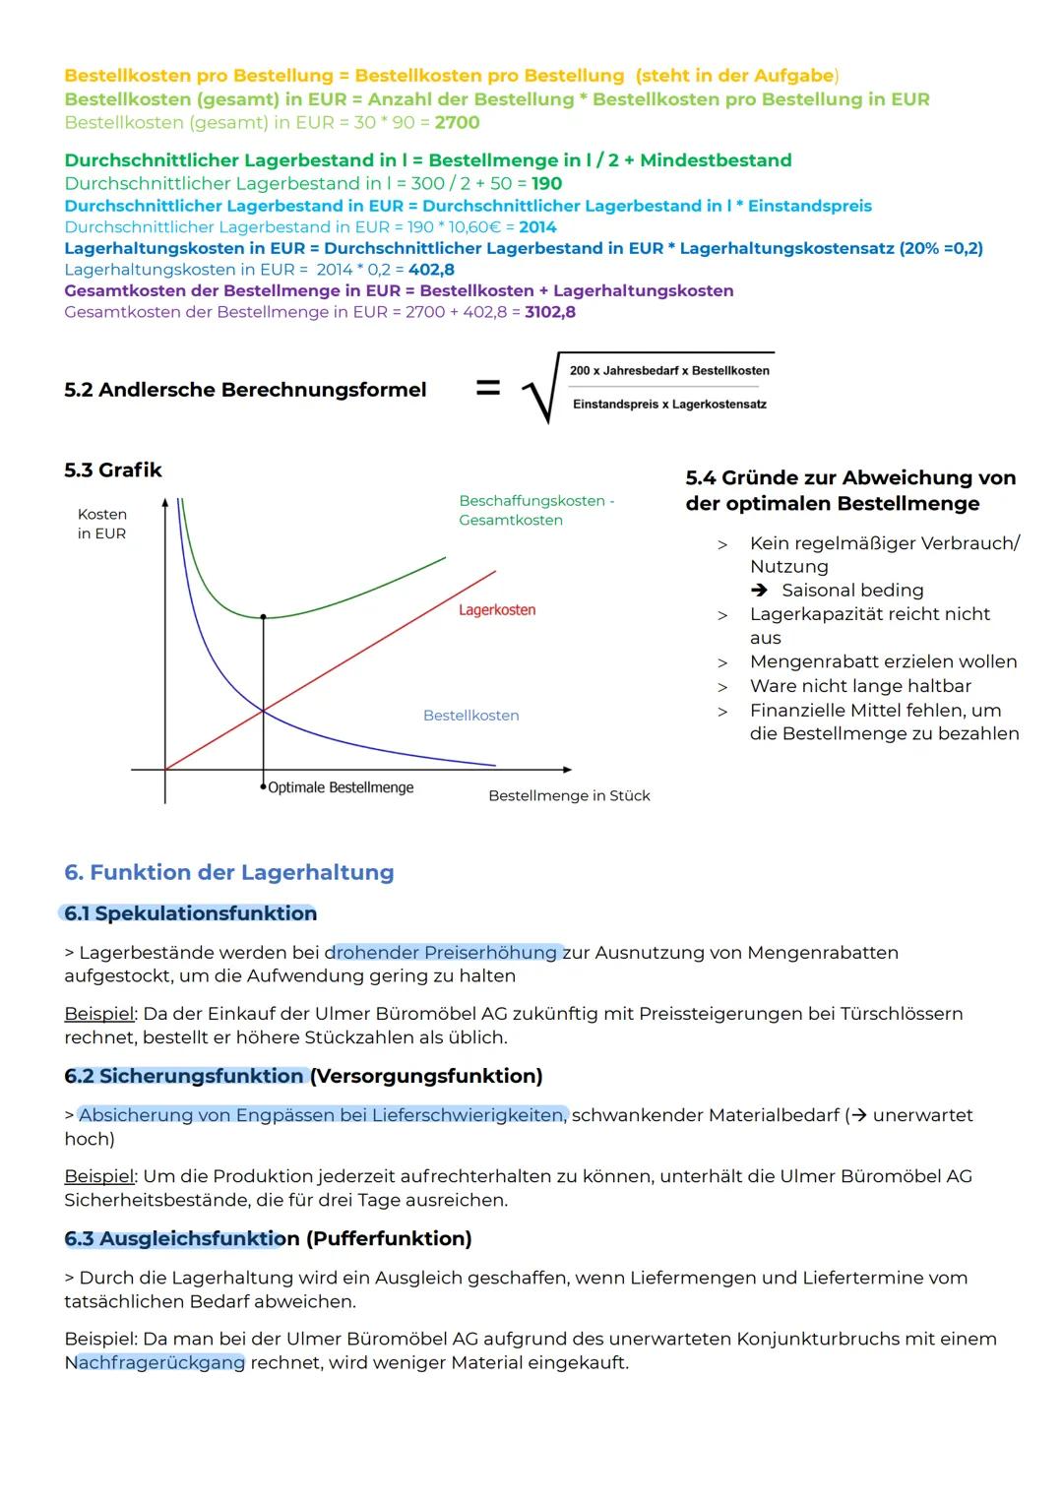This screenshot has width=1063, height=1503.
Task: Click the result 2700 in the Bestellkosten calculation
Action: pyautogui.click(x=457, y=123)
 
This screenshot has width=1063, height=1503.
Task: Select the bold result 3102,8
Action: pyautogui.click(x=550, y=312)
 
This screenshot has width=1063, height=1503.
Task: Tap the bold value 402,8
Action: pyautogui.click(x=431, y=270)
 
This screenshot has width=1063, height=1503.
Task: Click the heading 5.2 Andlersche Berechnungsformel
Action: pyautogui.click(x=245, y=390)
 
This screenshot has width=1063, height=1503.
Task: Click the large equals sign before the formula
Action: pyautogui.click(x=488, y=389)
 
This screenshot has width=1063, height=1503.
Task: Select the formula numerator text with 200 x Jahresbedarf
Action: pyautogui.click(x=669, y=371)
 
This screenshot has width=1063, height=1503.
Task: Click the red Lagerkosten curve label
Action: pyautogui.click(x=497, y=610)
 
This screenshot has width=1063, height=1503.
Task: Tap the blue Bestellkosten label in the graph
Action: pyautogui.click(x=470, y=716)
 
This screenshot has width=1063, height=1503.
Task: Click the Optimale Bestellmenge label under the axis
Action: pyautogui.click(x=341, y=787)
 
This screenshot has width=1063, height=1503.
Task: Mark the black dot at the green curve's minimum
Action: pyautogui.click(x=263, y=617)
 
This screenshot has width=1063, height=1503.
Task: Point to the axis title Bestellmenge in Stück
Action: pyautogui.click(x=569, y=795)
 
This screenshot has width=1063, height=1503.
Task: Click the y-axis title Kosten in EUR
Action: pyautogui.click(x=102, y=524)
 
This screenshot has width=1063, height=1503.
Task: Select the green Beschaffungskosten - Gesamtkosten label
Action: pyautogui.click(x=535, y=510)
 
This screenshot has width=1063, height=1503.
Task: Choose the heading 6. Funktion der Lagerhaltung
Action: pyautogui.click(x=228, y=872)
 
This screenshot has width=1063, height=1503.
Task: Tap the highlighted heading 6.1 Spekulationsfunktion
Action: pyautogui.click(x=190, y=913)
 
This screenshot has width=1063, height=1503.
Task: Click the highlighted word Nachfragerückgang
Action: pyautogui.click(x=155, y=1362)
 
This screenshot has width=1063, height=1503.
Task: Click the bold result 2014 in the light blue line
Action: pyautogui.click(x=537, y=227)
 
